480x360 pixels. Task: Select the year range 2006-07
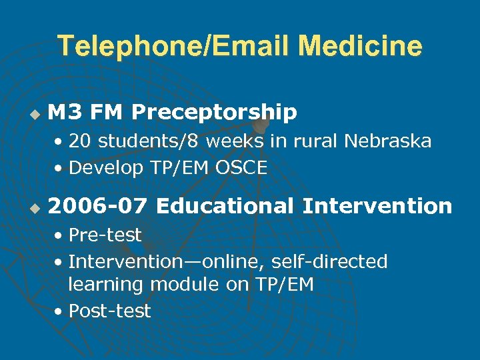pyautogui.click(x=97, y=207)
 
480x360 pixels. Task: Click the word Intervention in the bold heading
pyautogui.click(x=377, y=207)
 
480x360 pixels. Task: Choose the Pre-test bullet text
pyautogui.click(x=105, y=235)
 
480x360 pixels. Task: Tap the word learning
pyautogui.click(x=106, y=285)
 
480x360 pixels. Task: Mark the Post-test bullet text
pyautogui.click(x=110, y=311)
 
